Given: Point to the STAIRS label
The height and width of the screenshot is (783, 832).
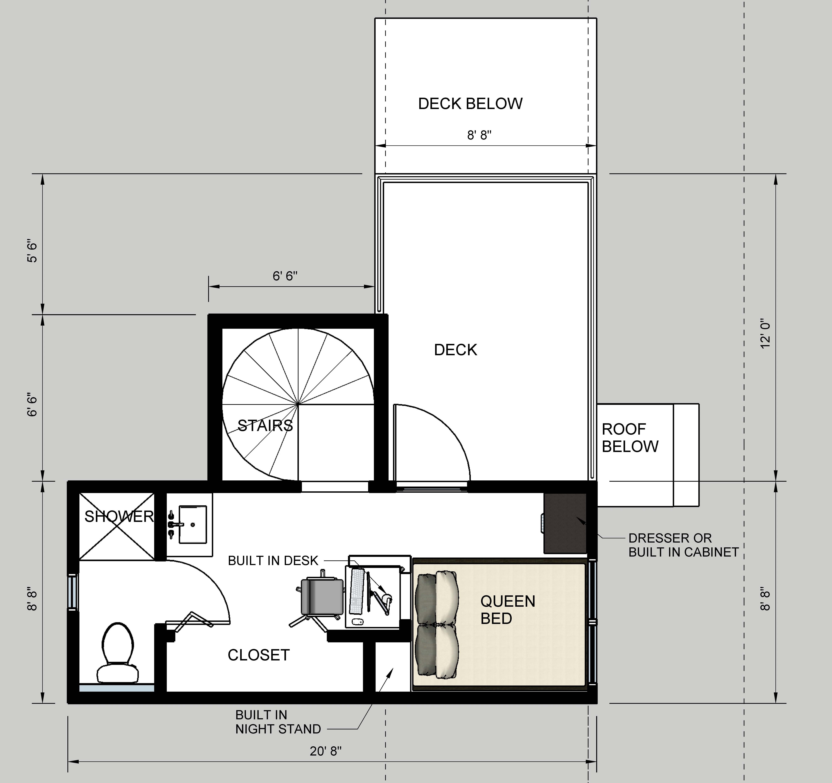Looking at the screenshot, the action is (265, 426).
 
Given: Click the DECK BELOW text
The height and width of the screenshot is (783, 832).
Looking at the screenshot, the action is (470, 104).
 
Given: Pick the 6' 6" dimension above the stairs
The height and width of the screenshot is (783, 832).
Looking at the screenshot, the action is (285, 276).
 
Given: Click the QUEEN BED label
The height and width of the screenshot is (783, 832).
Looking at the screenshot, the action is (508, 610).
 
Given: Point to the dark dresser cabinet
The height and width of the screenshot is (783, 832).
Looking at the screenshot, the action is (565, 523).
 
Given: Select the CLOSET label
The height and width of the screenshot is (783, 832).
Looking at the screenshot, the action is (259, 655).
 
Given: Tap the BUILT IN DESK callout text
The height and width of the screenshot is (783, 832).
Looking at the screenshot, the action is (273, 560).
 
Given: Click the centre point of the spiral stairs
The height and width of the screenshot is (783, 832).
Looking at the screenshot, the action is (298, 404).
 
